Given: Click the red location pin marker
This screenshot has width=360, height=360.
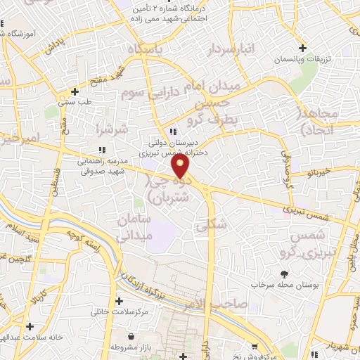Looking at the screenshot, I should pos(181,166).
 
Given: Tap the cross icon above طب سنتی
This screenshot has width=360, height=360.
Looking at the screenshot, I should pos(75,91).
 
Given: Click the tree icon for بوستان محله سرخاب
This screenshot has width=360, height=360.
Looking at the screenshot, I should pos(284,275).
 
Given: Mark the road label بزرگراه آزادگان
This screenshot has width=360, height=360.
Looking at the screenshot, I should pos(150,282).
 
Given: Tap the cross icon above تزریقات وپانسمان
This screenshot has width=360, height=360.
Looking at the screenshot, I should pos(302,49).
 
